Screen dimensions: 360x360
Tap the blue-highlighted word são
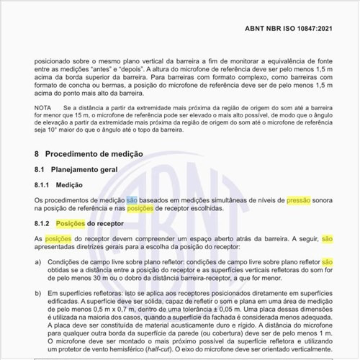[132, 199]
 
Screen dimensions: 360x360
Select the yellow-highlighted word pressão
[298, 199]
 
